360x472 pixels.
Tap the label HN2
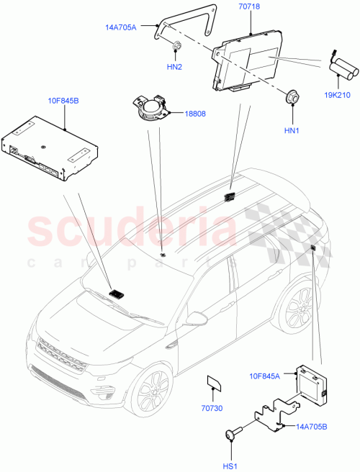175,66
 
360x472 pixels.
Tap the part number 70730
212,407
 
